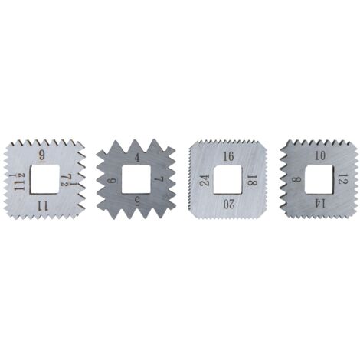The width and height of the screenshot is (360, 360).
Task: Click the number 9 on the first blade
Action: [x=42, y=155]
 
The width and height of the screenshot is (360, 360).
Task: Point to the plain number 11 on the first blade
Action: [x=42, y=205]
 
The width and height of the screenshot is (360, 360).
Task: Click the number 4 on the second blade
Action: [x=137, y=158]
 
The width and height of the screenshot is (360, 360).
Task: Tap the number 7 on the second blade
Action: [x=159, y=179]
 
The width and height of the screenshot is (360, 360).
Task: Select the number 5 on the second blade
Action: [x=137, y=201]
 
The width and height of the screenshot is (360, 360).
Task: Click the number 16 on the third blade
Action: [x=228, y=156]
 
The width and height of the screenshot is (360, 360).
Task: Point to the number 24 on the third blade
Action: [x=205, y=180]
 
